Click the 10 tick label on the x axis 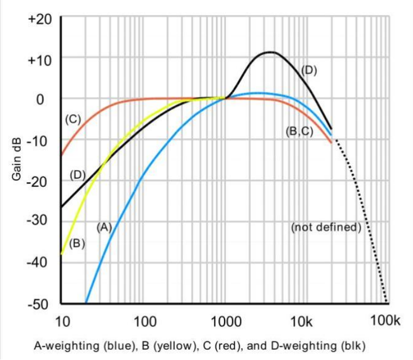click(63, 321)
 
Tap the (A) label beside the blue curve click(104, 228)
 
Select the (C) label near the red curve click(72, 119)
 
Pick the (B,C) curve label click(299, 131)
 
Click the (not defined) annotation click(326, 227)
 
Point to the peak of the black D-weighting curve click(270, 52)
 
